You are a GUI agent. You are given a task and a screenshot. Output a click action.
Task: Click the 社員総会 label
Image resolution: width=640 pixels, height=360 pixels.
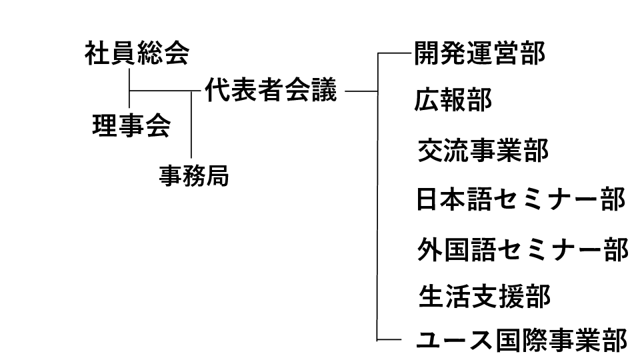137,54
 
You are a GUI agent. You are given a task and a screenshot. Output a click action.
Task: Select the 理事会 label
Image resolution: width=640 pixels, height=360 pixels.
131,125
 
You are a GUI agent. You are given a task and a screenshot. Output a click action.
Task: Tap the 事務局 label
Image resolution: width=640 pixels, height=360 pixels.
193,175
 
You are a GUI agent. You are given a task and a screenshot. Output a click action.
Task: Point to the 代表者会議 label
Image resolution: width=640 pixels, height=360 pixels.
270,90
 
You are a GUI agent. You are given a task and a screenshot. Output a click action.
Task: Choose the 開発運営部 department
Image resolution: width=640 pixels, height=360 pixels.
479,54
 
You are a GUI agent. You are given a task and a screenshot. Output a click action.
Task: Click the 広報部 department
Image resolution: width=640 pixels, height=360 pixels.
453,100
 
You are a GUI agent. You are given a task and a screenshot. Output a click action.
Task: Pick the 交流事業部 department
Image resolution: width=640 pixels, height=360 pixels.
483,151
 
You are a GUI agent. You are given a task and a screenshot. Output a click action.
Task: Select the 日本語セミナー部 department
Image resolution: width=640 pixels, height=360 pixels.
521,199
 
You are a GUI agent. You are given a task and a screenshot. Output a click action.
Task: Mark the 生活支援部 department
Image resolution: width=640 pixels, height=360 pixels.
485,296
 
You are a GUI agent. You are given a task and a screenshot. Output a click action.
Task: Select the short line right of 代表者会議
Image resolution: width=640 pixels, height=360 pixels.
362,91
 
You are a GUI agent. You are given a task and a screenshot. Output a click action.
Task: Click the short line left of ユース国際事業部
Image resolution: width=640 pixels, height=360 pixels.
389,340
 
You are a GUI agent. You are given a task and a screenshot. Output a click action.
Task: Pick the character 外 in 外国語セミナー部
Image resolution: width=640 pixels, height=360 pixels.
429,249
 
